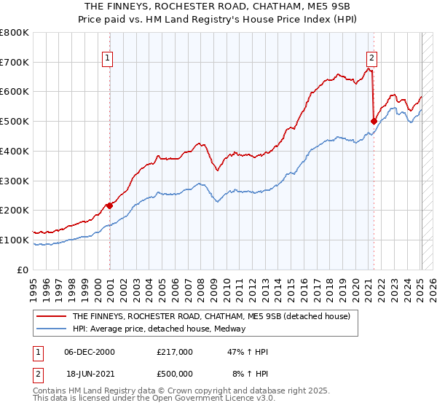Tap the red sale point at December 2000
point(110,205)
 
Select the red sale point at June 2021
point(374,121)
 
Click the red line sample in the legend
point(52,316)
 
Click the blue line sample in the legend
point(52,329)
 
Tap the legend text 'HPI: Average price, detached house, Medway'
point(159,329)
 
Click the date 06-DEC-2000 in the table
point(90,352)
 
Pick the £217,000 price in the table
point(175,352)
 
